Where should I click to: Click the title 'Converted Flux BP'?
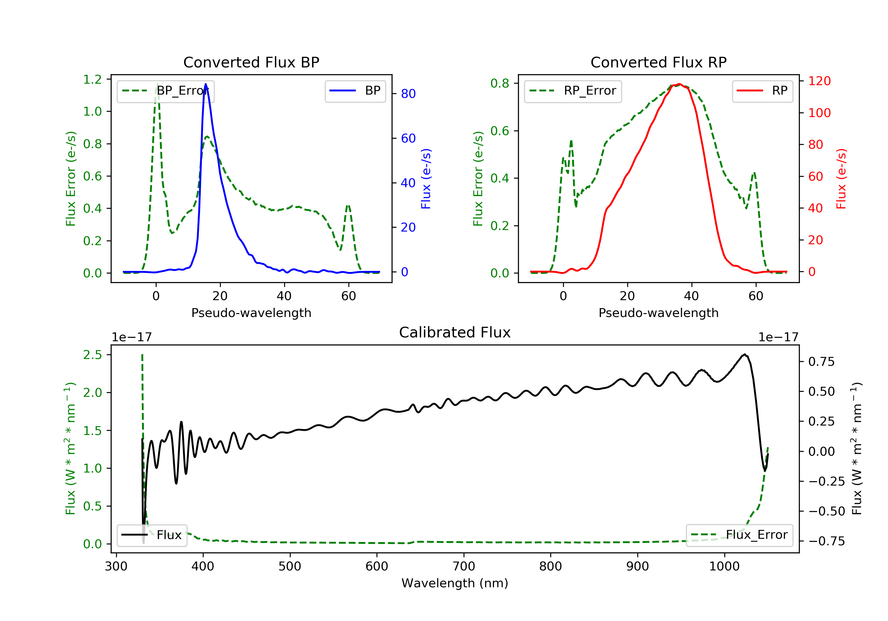tap(251, 62)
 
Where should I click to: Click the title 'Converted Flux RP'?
tap(658, 62)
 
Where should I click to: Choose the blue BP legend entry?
tap(355, 91)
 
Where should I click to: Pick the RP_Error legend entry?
tap(572, 91)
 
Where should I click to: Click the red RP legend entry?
tap(762, 91)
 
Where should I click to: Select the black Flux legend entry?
tap(152, 535)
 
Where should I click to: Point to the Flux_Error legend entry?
tap(739, 535)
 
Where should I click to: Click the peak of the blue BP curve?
tap(205, 84)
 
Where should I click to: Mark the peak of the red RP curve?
tap(679, 84)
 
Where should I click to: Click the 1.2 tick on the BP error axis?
tap(92, 80)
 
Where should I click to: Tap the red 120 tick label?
tap(819, 81)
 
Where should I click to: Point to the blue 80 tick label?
tap(408, 93)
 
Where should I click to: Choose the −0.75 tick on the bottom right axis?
tap(826, 541)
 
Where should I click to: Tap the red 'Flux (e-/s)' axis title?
tap(841, 179)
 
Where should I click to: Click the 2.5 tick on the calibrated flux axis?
tap(92, 355)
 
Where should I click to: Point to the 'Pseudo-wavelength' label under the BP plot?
tap(251, 313)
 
